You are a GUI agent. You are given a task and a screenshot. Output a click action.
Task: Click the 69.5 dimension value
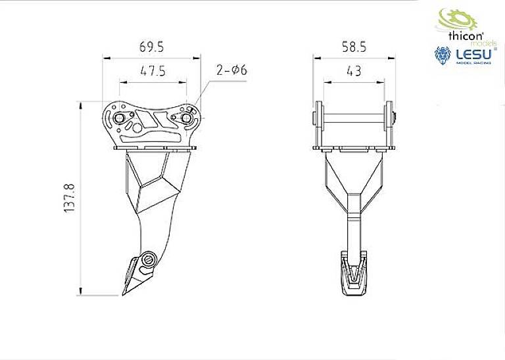[x=151, y=47]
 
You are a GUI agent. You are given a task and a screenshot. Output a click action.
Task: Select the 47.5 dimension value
[x=151, y=70]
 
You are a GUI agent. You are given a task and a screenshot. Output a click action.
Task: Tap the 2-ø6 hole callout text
[x=231, y=70]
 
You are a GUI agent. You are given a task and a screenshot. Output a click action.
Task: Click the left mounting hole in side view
[x=122, y=118]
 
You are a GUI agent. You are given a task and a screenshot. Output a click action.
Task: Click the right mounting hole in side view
[x=186, y=118]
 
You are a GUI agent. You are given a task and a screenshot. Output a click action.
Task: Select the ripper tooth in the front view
[x=354, y=273]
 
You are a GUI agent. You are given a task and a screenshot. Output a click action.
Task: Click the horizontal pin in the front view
[x=354, y=119]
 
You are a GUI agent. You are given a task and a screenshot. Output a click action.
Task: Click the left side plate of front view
[x=318, y=125]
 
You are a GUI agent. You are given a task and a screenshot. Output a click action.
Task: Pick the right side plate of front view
[x=389, y=125]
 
